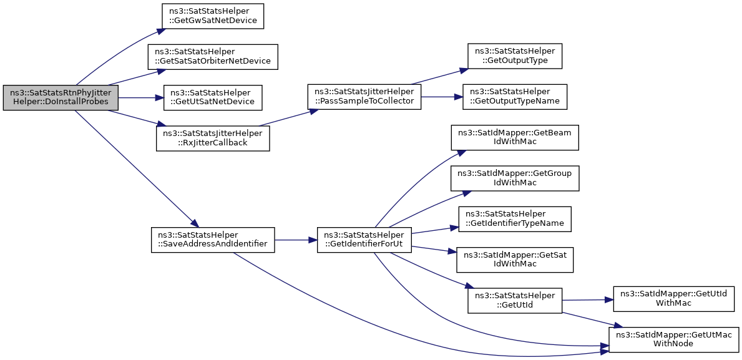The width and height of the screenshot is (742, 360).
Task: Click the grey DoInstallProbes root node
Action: (61, 98)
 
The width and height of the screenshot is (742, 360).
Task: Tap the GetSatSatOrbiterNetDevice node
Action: (212, 57)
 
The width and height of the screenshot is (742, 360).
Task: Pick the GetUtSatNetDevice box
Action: (212, 98)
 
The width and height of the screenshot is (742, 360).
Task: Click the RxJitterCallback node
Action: (213, 139)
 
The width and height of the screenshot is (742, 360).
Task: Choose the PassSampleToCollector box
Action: (364, 97)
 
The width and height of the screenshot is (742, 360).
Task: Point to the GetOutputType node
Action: (514, 56)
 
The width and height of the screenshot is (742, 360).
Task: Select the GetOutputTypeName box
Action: (514, 97)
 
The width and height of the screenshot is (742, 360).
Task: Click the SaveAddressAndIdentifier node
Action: (213, 240)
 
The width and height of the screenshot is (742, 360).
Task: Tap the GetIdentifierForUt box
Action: (364, 240)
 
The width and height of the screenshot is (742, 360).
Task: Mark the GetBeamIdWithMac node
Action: (515, 138)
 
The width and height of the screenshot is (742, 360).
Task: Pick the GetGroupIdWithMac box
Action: (515, 179)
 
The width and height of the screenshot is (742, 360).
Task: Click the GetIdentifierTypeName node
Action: (515, 220)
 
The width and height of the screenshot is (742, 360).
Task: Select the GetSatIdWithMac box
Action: (515, 260)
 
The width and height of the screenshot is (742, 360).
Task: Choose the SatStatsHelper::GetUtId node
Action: (514, 300)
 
